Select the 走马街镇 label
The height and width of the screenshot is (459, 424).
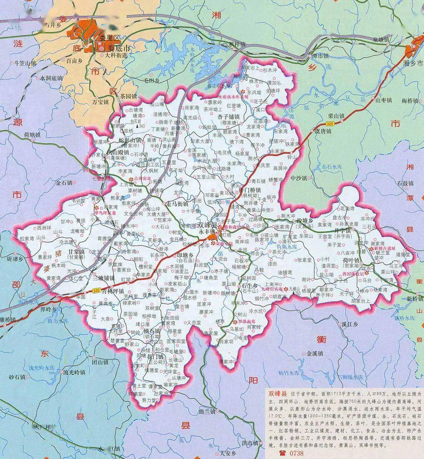(178, 204)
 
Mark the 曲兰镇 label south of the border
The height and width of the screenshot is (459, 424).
(207, 411)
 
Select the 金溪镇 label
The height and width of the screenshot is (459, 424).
(315, 353)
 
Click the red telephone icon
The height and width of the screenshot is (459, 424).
(282, 453)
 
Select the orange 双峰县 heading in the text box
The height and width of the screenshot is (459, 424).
(277, 393)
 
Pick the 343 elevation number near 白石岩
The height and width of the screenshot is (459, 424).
(143, 126)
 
